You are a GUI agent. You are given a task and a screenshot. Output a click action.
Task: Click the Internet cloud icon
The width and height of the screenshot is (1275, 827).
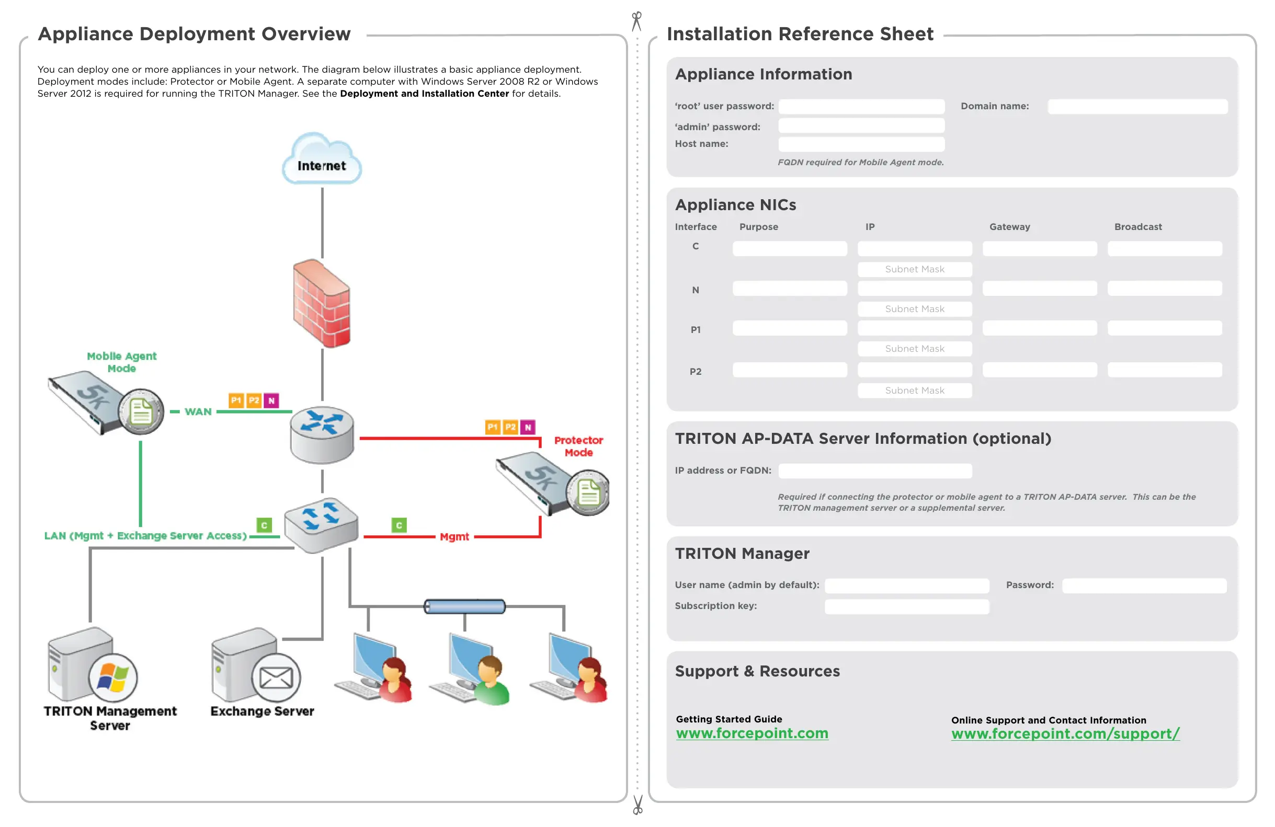point(322,159)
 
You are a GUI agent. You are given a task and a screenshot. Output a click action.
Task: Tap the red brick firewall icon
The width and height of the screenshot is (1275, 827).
point(322,303)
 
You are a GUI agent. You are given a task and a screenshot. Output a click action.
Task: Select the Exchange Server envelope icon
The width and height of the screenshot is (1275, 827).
point(276,677)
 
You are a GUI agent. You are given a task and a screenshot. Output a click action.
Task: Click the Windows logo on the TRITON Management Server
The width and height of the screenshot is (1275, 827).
point(112,677)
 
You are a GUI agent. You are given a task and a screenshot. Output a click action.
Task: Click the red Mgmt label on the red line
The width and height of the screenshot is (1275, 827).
point(454,537)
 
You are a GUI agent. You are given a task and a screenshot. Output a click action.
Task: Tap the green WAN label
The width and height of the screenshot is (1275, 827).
point(198,411)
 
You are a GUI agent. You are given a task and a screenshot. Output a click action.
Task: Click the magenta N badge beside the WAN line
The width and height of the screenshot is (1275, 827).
point(271,400)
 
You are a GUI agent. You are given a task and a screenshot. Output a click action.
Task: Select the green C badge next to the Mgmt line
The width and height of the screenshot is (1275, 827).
point(399,525)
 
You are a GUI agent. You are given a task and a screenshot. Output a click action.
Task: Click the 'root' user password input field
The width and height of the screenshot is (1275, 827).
point(861,107)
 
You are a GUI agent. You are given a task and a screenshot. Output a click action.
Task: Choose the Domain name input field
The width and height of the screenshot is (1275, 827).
point(1137,107)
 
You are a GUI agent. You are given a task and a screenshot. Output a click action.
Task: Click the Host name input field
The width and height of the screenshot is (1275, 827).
point(861,144)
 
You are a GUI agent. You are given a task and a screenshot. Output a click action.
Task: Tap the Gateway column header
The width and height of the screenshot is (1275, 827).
point(1009,226)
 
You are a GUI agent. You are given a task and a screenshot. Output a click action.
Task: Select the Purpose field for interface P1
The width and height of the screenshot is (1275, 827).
point(790,328)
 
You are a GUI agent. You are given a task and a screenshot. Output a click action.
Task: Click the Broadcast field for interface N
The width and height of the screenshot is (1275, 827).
point(1165,289)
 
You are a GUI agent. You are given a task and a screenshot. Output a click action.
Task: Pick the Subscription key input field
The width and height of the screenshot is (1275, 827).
point(906,606)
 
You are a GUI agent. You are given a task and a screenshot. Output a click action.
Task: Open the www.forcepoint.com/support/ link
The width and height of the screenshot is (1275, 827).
point(1065,734)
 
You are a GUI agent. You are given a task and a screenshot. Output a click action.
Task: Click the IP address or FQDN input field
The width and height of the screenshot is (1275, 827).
point(875,471)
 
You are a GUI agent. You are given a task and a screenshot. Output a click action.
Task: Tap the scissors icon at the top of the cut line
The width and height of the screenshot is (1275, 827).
point(636,21)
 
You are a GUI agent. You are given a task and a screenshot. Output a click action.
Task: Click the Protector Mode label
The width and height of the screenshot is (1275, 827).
point(578,446)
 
